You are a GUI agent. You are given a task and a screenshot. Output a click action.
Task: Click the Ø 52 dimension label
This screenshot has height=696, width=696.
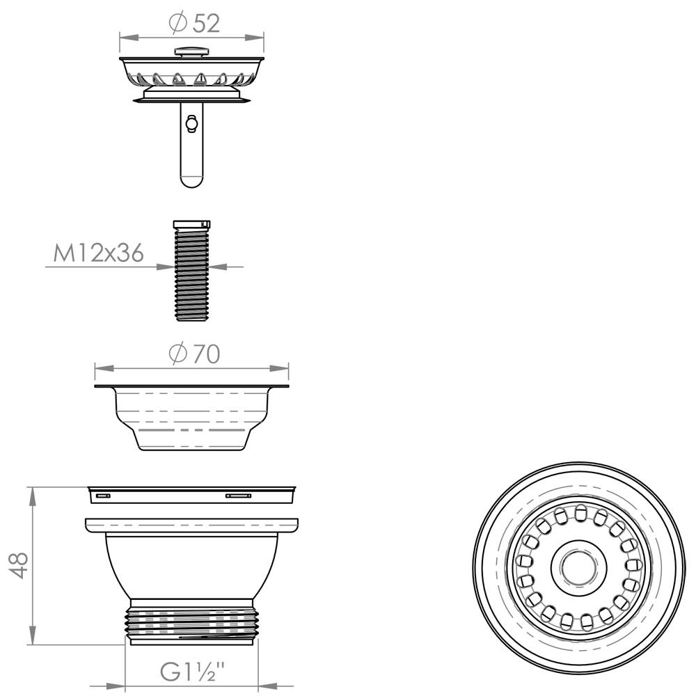pyautogui.click(x=195, y=23)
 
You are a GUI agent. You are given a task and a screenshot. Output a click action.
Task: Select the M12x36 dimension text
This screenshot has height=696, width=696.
pyautogui.click(x=99, y=253)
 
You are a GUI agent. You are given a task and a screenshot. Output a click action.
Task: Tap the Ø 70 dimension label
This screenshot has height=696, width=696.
pyautogui.click(x=195, y=354)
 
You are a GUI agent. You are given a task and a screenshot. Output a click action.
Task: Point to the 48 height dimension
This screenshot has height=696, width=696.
pyautogui.click(x=19, y=565)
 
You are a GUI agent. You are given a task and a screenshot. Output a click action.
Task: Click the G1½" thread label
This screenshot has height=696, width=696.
pyautogui.click(x=193, y=672)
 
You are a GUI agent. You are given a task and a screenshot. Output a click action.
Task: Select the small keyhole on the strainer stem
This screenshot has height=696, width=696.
pyautogui.click(x=191, y=124)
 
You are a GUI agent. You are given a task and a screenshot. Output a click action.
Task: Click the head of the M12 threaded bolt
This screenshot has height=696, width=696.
pyautogui.click(x=191, y=224)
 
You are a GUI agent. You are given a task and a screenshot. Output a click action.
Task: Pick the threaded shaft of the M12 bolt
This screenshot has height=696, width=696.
pyautogui.click(x=191, y=274)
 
